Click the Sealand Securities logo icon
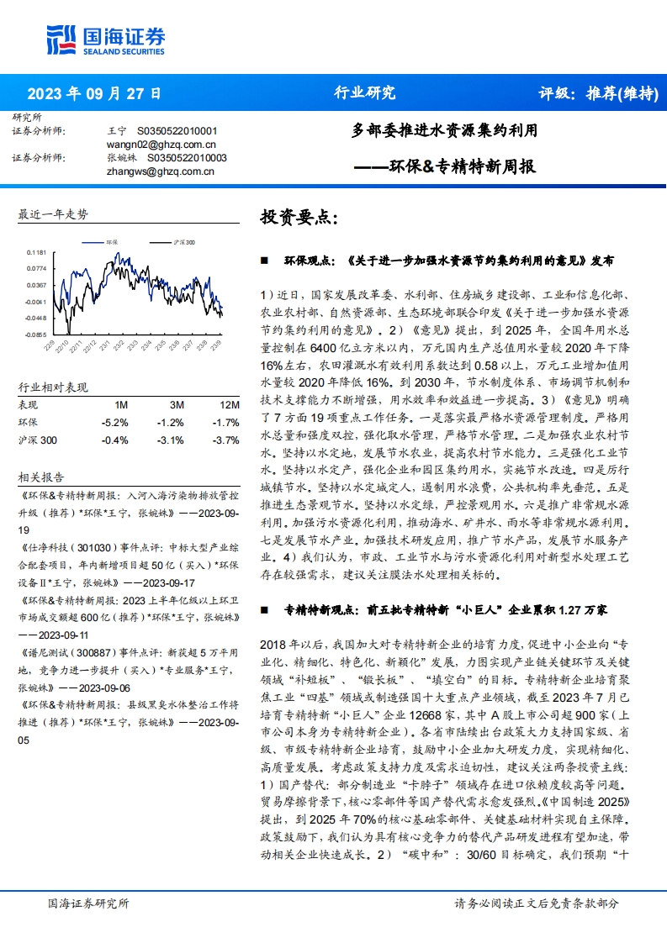62,39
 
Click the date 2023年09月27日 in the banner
94,93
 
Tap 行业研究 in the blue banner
364,93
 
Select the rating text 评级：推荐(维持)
597,93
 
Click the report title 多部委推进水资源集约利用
443,131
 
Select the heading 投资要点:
299,217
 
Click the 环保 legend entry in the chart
102,242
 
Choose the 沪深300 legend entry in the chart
175,242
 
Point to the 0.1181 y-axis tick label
36,252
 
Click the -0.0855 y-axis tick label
35,334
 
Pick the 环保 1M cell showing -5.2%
114,422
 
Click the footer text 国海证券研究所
88,903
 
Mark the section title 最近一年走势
53,214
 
